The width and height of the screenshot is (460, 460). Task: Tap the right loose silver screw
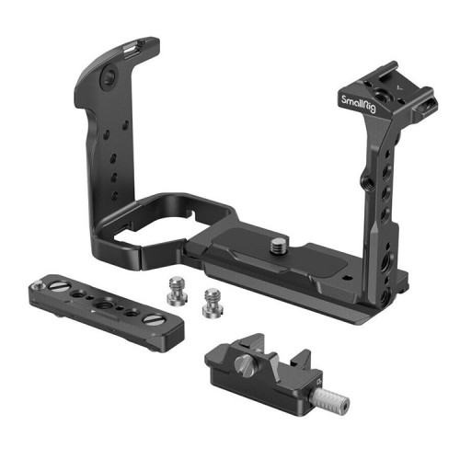pos(213,299)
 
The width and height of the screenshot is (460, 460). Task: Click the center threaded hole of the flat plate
pos(98,304)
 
